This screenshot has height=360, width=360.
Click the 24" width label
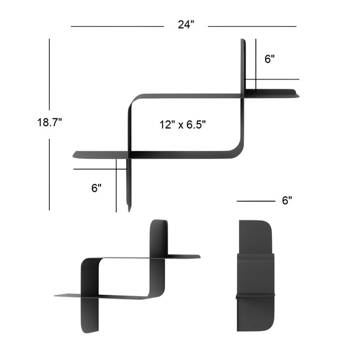point(186,25)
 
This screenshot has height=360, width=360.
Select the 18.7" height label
point(49,122)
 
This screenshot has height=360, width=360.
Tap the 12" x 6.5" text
point(182,124)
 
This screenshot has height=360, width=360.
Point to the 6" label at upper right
point(269,59)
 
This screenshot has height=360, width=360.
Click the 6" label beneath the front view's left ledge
point(96,187)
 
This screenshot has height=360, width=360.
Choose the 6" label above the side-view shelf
point(287,200)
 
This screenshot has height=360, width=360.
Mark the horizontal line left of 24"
point(117,26)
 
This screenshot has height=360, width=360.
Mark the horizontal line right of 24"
point(251,26)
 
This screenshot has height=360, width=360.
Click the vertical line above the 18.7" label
point(49,74)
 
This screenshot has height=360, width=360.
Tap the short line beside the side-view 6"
point(255,201)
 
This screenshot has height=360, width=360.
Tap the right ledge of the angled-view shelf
point(183,256)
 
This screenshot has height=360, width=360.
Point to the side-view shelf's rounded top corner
point(264,225)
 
